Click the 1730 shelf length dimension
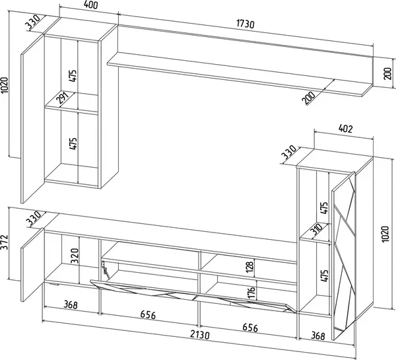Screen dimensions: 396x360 point(246,24)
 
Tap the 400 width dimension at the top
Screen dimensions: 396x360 point(90,5)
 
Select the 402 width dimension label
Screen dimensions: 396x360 point(345,129)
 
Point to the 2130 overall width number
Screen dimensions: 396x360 point(200,334)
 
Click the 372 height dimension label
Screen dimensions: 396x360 point(5,242)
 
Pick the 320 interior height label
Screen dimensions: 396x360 point(75,256)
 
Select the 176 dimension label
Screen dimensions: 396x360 point(251,292)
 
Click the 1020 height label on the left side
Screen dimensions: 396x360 point(5,85)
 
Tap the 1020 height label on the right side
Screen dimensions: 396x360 point(385,234)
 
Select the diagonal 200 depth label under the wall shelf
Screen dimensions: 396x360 point(308,98)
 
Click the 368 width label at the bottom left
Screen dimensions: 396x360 point(71,305)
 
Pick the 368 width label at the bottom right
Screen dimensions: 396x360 point(317,336)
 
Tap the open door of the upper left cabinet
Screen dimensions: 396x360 point(32,120)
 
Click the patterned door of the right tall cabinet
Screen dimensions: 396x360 point(343,256)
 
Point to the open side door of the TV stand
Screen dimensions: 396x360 point(32,265)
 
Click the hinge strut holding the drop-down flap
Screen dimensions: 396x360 point(105,270)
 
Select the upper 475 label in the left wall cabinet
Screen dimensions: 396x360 point(73,75)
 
